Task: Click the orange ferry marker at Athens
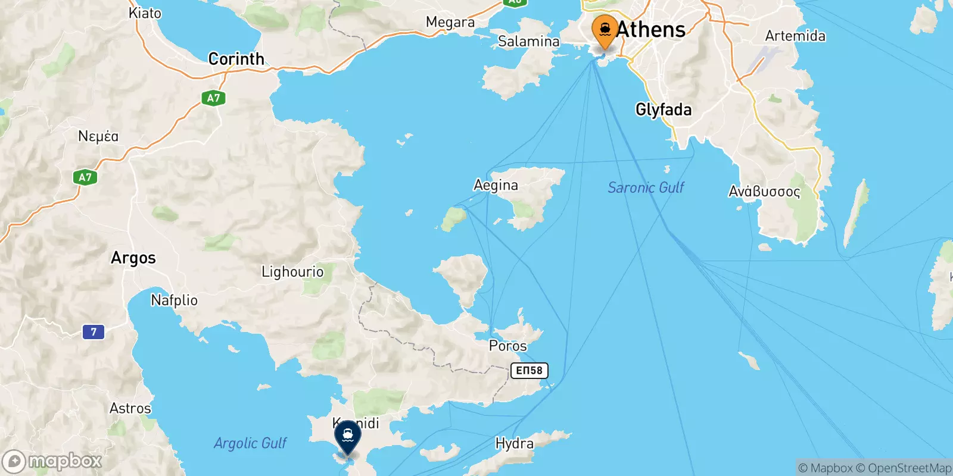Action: [605, 30]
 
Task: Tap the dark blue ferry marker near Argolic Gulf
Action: [348, 436]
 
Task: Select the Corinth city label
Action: [236, 59]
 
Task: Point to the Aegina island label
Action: [496, 185]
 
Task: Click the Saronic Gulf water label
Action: [646, 187]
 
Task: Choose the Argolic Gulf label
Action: [250, 443]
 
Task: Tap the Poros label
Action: [507, 346]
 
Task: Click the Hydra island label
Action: [514, 443]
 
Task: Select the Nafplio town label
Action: [174, 300]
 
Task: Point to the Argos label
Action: [133, 258]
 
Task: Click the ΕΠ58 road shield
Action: [529, 370]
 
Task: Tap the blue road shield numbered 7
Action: [94, 331]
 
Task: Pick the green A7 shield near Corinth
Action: [213, 98]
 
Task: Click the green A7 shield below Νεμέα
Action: [85, 177]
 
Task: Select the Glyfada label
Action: [664, 109]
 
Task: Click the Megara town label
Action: [450, 23]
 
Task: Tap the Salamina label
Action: [528, 41]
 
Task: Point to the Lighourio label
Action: [292, 272]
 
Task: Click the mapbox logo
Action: [52, 461]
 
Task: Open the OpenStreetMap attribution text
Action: [909, 468]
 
